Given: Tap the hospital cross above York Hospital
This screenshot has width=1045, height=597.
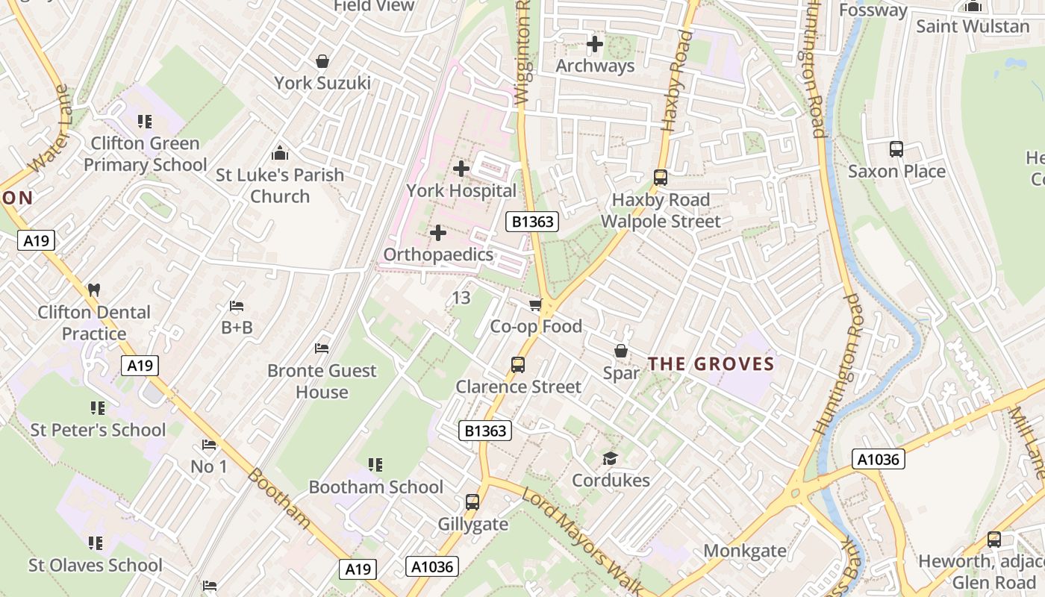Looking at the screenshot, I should coord(461,169).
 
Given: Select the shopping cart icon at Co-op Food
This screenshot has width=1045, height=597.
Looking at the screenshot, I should coord(535,304).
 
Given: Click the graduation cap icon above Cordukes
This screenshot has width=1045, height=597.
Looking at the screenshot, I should coord(611,458).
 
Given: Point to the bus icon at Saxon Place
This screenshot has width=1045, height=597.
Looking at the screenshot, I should coord(896,149).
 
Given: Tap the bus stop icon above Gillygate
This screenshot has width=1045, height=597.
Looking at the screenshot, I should coord(472,502).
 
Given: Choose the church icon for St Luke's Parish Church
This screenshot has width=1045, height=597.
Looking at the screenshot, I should coord(280,153).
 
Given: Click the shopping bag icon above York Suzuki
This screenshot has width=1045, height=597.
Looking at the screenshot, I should coord(322,60).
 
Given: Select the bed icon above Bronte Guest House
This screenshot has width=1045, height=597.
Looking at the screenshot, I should coord(322,348).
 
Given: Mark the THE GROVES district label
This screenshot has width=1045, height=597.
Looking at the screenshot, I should coord(711,364).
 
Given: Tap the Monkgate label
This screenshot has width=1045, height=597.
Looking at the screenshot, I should coord(745,551).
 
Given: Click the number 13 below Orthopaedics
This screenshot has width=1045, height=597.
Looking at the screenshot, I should coord(461,298).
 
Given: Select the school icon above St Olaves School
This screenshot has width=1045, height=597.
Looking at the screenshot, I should coord(96,543).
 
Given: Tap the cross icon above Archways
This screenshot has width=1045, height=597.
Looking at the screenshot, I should coord(595,44).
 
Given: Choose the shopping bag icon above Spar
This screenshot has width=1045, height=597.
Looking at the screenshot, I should coord(621,351).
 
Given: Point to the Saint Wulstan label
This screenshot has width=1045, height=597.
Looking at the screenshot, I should coord(973,26).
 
